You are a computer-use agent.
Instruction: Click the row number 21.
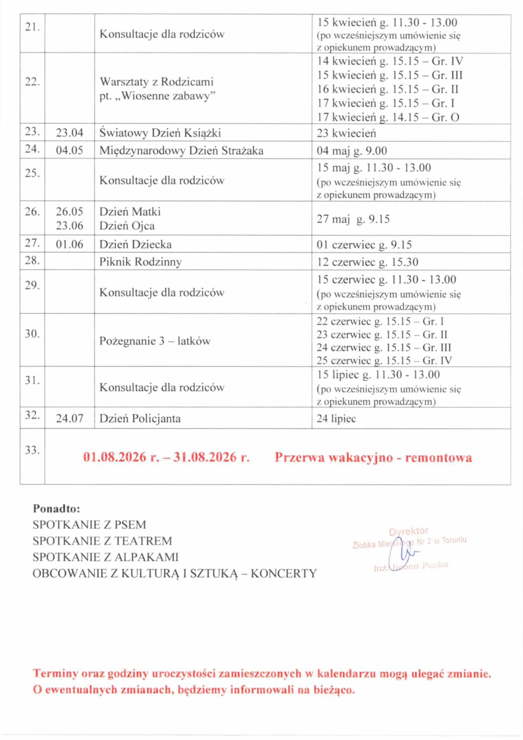click(x=32, y=27)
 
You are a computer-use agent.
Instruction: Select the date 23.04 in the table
click(x=70, y=133)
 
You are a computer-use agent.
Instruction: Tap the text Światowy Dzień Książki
click(x=160, y=133)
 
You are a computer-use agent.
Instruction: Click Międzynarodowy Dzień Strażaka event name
click(x=181, y=151)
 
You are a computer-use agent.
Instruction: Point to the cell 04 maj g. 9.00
click(x=352, y=151)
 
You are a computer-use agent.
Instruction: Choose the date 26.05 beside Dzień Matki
click(x=70, y=212)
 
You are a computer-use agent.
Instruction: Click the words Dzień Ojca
click(x=127, y=226)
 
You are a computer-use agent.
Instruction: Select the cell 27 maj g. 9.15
click(x=353, y=219)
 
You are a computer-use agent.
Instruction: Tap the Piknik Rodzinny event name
click(x=141, y=262)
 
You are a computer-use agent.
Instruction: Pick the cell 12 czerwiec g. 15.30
click(x=367, y=262)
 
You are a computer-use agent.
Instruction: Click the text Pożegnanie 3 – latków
click(x=155, y=341)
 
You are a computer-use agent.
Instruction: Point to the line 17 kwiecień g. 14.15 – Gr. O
click(x=388, y=117)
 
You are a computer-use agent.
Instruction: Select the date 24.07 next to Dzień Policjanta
click(x=70, y=418)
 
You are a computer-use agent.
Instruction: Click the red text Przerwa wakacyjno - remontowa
click(x=373, y=458)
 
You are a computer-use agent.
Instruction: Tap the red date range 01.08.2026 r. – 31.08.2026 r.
click(x=166, y=458)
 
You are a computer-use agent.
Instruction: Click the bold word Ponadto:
click(x=57, y=509)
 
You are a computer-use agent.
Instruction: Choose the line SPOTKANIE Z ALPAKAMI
click(x=105, y=557)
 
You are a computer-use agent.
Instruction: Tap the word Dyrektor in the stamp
click(x=408, y=532)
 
